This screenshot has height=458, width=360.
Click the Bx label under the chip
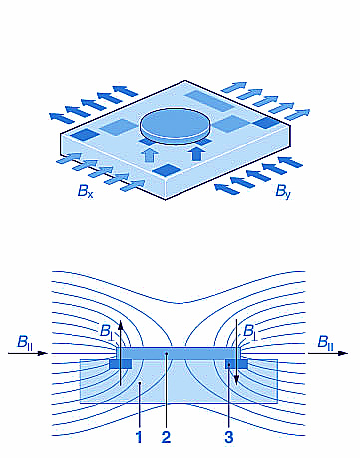tap(85, 191)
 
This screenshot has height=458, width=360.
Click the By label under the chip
tap(283, 192)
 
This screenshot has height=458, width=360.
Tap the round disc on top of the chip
tap(175, 128)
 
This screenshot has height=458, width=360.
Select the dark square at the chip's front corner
tap(166, 170)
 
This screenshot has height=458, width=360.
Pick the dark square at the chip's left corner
tap(86, 134)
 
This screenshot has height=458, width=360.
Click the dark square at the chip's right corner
tap(268, 123)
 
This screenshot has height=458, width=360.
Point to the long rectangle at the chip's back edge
tap(209, 100)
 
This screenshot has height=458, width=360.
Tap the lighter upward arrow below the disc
tap(150, 155)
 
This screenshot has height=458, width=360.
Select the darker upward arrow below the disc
tap(197, 154)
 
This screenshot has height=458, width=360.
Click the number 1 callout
tap(139, 437)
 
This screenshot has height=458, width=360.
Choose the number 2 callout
tap(166, 437)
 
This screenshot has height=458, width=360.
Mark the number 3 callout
tap(229, 437)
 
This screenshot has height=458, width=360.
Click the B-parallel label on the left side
tap(25, 342)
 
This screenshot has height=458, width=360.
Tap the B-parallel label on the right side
tap(325, 342)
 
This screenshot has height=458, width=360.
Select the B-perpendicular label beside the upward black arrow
tap(107, 332)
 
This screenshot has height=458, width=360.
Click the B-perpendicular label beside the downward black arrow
tap(250, 332)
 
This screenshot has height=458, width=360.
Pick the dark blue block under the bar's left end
tap(121, 364)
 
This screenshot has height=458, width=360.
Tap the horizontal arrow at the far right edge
tap(328, 353)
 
